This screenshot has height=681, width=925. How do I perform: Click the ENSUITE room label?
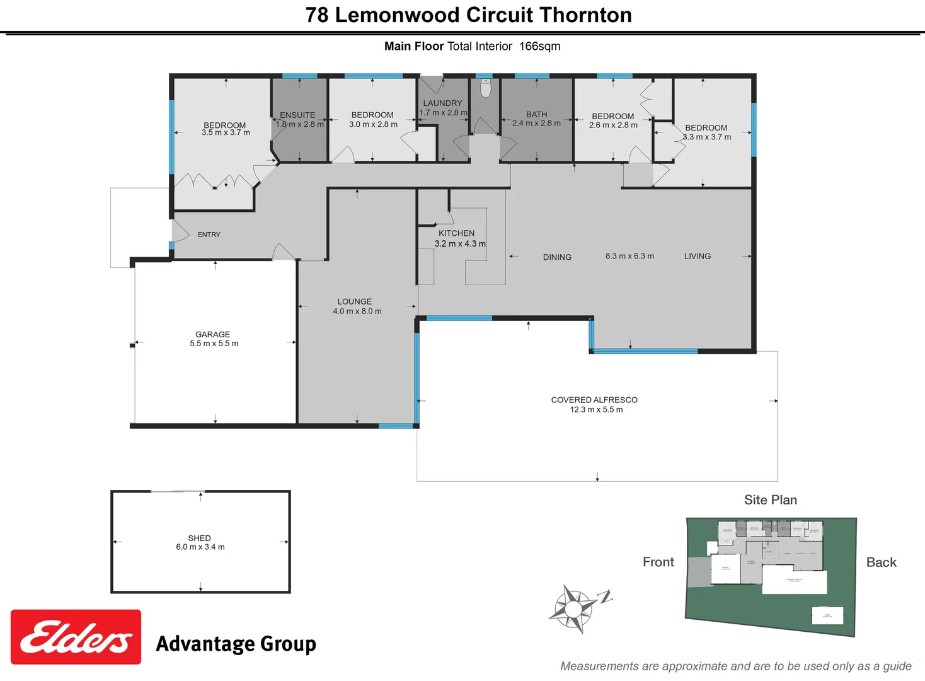tap(297, 115)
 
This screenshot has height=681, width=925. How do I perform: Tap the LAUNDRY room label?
tap(442, 103)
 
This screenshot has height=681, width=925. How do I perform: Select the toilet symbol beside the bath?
tap(485, 88)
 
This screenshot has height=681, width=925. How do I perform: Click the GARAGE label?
tap(212, 334)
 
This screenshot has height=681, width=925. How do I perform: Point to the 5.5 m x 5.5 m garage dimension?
tap(214, 344)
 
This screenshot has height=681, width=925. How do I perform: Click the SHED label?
tap(199, 538)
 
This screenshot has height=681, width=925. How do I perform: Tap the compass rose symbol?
tap(573, 608)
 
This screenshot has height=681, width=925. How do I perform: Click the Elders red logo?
tap(76, 637)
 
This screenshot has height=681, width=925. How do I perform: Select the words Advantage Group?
tap(236, 644)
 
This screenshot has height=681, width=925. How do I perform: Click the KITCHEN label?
tap(456, 233)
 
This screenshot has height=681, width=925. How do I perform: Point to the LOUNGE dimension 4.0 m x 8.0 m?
tap(357, 311)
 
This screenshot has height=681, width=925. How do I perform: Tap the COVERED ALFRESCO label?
tap(594, 400)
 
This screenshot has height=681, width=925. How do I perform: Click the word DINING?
tap(557, 257)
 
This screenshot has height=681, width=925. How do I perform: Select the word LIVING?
tap(697, 256)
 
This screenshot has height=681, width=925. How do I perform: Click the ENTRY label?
tap(209, 235)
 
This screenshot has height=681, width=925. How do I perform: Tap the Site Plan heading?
tap(770, 500)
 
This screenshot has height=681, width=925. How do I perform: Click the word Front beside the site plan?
tap(658, 562)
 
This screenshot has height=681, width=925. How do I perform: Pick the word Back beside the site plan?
tap(881, 562)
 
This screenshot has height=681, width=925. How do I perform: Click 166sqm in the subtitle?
tap(539, 46)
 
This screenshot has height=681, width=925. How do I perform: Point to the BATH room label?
tap(536, 115)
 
